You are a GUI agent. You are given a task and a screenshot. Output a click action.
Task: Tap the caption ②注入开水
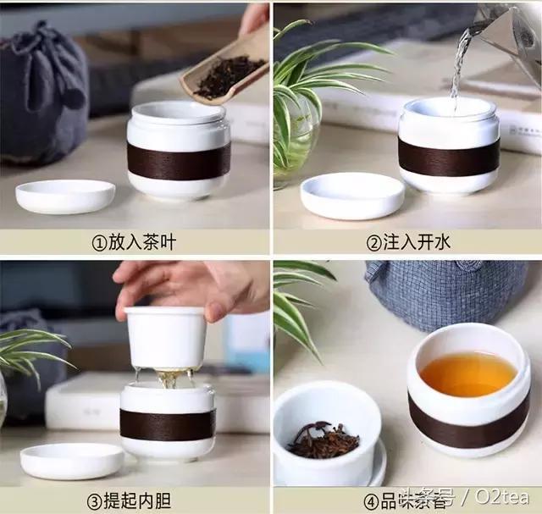[x=407, y=242]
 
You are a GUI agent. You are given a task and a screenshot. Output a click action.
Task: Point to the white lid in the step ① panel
[x=65, y=196]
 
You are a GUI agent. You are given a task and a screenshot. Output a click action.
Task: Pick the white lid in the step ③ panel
[x=71, y=460]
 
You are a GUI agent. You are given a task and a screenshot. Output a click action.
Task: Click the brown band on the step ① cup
[x=179, y=161]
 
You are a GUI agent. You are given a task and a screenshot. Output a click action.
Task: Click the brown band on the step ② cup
[x=448, y=157]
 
